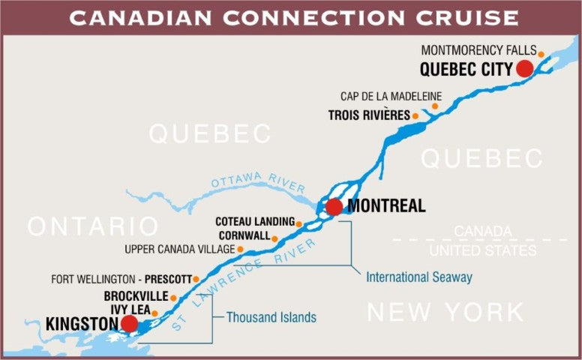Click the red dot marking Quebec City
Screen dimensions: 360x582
click(x=524, y=69)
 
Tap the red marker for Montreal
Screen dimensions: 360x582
click(x=334, y=207)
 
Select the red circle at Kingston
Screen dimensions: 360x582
click(x=129, y=323)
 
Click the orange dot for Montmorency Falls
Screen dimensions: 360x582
click(x=541, y=52)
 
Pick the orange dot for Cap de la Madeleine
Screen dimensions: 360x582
click(x=434, y=106)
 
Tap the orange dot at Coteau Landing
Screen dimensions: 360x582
click(x=299, y=223)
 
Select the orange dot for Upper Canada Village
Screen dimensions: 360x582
click(x=241, y=249)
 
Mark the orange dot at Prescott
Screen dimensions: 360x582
click(x=196, y=279)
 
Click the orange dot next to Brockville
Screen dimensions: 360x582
click(x=173, y=297)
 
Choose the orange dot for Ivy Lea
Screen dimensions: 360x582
click(x=155, y=312)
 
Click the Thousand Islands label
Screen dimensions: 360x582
click(x=271, y=318)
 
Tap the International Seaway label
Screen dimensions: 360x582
click(x=419, y=277)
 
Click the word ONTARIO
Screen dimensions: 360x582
click(x=93, y=226)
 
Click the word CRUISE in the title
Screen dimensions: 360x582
click(x=460, y=17)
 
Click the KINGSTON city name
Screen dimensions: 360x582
click(x=82, y=324)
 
